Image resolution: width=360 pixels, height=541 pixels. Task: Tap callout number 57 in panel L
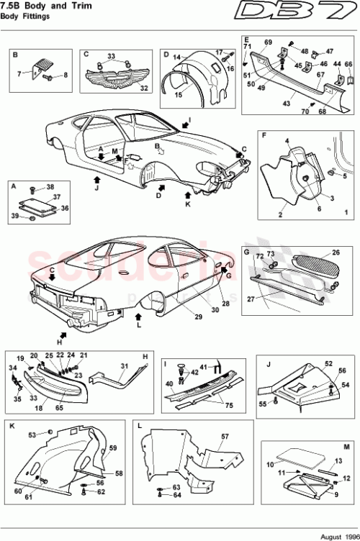[x=224, y=437]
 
